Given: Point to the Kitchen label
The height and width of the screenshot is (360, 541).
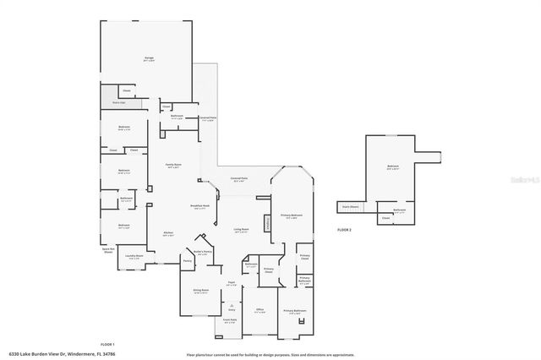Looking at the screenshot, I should (x=168, y=233).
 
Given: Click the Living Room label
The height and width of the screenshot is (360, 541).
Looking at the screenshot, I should (x=242, y=230).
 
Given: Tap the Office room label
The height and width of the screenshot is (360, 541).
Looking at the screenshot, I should (x=260, y=310).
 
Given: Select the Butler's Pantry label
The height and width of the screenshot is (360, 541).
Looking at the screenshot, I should (x=201, y=252).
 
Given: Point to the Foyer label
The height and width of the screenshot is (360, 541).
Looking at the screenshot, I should (x=231, y=283).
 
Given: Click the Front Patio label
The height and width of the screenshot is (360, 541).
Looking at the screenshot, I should (x=230, y=320).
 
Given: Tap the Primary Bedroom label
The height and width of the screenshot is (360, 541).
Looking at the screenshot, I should (x=292, y=215).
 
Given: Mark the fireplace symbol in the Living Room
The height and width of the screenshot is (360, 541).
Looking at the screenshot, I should (x=268, y=223).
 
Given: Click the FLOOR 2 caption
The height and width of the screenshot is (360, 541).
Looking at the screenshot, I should (x=344, y=230).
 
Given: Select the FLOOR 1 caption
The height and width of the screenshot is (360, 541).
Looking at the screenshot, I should (x=107, y=344).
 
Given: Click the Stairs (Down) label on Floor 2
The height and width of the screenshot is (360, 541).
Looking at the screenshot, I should (x=350, y=206).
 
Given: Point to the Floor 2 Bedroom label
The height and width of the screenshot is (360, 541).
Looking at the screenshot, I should (x=392, y=166).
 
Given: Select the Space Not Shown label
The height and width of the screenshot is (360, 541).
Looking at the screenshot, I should (x=107, y=250).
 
